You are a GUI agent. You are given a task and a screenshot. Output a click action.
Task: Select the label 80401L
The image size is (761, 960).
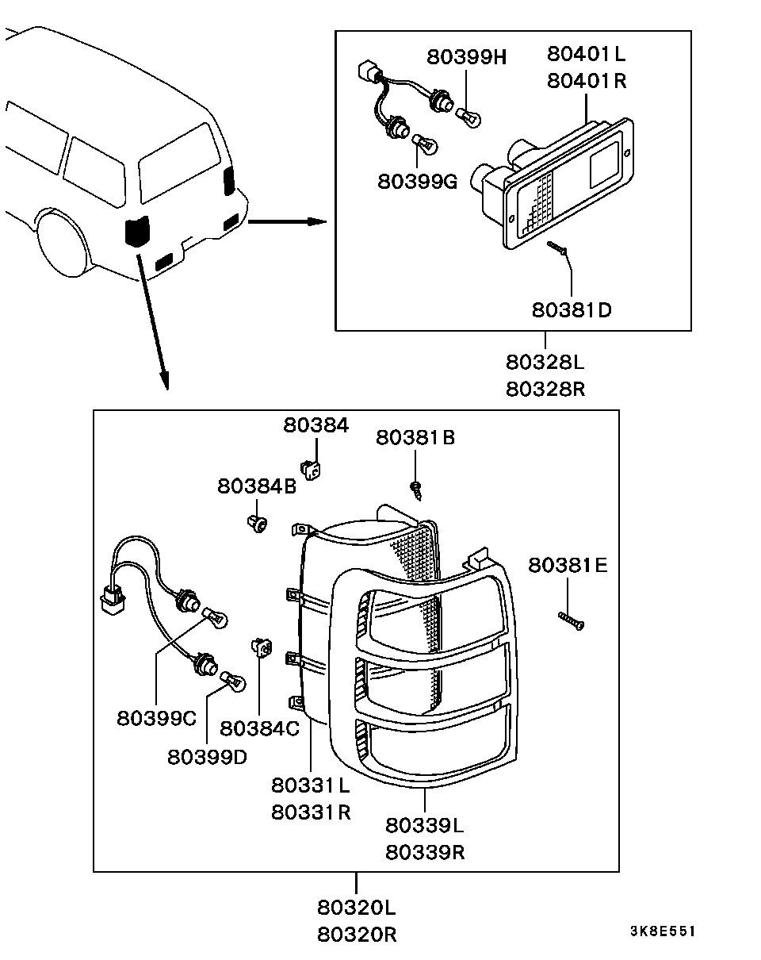586,54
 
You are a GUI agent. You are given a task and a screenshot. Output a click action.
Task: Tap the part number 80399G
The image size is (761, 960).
418,182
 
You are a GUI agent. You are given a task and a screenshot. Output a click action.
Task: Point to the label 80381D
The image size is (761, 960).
572,309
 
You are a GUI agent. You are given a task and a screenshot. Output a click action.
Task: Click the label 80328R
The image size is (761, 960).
545,390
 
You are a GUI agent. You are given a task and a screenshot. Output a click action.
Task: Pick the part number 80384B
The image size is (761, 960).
257,486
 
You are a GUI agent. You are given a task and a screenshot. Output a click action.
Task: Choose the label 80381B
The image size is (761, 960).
415,437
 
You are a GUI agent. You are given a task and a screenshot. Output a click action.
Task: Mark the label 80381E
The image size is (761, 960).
568,565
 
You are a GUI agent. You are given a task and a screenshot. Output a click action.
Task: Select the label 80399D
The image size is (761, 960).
207,757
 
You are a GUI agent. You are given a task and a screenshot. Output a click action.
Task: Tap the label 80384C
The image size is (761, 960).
260,728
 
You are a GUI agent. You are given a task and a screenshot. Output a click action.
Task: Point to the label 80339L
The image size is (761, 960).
425,825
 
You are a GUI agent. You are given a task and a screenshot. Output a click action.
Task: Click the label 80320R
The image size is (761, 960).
357,935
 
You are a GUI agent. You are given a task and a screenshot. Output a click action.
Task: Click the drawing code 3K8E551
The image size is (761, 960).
662,931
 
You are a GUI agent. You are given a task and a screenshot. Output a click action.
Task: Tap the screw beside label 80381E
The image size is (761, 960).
572,621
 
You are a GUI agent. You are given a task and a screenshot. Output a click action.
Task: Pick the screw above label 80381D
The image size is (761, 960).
558,249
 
